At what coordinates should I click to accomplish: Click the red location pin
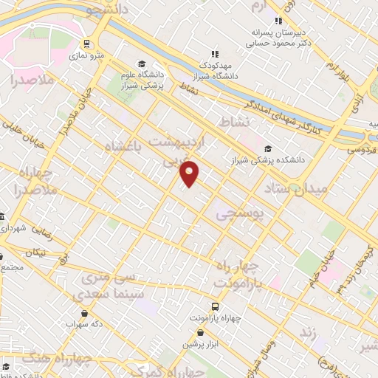pos(190,172)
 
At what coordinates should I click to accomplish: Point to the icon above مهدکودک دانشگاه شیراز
pos(215,53)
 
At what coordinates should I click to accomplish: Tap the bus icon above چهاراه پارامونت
pos(215,306)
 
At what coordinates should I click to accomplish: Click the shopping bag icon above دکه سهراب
pos(83,313)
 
